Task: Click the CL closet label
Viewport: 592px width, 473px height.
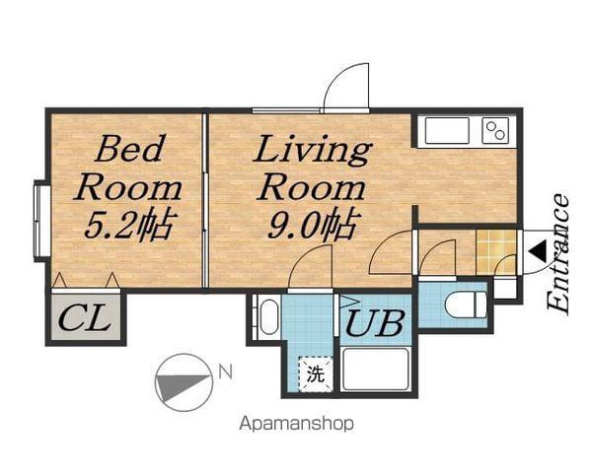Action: (85, 319)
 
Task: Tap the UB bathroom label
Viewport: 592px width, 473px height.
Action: (375, 323)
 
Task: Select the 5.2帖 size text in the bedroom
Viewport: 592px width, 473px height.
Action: (130, 226)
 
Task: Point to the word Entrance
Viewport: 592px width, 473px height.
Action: (558, 254)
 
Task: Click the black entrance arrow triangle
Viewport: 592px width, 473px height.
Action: (538, 252)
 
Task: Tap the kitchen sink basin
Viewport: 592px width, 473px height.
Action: (447, 130)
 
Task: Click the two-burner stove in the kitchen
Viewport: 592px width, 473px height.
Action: (495, 130)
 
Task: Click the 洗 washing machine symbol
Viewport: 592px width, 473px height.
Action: (316, 374)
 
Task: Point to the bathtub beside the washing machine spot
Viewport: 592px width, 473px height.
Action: (375, 370)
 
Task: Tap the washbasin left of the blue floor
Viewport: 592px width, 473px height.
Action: (268, 317)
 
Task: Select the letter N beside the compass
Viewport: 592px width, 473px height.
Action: (225, 372)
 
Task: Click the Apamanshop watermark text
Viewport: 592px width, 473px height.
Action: (297, 424)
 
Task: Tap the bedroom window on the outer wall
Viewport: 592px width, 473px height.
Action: (42, 221)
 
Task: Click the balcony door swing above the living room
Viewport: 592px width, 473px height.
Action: (346, 87)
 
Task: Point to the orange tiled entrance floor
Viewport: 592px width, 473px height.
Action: (496, 252)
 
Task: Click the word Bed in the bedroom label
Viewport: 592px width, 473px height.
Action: (130, 149)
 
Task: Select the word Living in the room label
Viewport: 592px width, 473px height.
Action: (313, 150)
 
